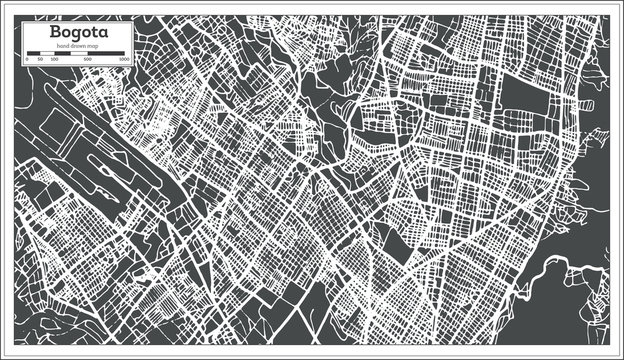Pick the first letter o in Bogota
(49, 34)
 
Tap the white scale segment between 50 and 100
(47, 54)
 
